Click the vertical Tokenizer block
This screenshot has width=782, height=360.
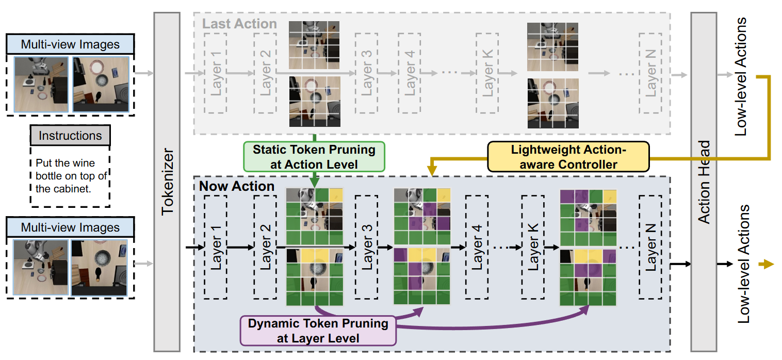pos(167,181)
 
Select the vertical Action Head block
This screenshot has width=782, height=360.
pos(704,181)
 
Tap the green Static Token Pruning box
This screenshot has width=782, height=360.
pos(314,157)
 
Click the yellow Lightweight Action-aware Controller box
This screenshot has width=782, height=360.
pos(567,157)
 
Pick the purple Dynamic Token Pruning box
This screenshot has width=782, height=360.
pos(318,331)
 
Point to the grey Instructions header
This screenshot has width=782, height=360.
pos(70,136)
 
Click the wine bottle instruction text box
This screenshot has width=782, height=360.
pos(70,176)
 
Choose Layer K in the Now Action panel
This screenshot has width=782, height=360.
pos(533,247)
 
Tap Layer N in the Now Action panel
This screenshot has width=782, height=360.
pos(651,247)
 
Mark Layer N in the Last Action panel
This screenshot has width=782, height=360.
pos(651,73)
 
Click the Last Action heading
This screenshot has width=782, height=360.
pos(239,24)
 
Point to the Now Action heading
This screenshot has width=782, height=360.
pos(237,186)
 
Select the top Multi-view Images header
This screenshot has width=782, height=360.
pos(70,44)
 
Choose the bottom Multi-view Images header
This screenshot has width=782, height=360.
pos(70,227)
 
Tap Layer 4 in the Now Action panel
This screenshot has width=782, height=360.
pos(477,247)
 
